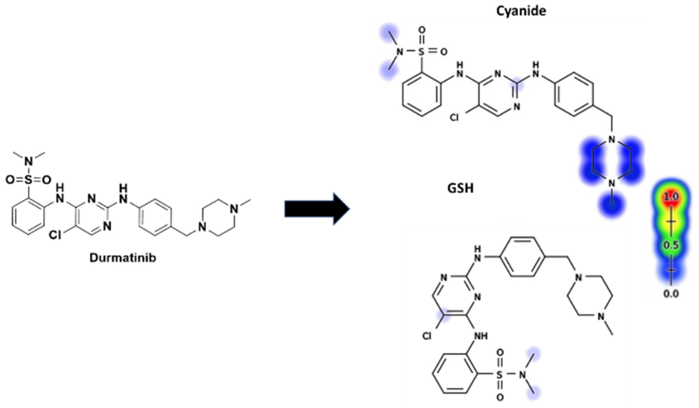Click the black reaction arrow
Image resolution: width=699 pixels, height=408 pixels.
coord(316,209)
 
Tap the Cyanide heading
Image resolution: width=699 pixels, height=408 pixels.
coord(521,11)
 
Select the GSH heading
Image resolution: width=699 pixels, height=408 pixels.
coord(460,189)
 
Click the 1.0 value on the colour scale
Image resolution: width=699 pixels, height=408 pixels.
coord(671,197)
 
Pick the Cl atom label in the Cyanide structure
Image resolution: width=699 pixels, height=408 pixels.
coord(454,118)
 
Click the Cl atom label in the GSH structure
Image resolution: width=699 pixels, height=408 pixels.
coord(427,336)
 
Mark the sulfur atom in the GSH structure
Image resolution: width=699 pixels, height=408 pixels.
coord(500,375)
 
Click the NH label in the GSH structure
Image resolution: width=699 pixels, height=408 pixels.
coord(481,336)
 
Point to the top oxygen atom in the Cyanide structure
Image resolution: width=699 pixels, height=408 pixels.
coord(422,30)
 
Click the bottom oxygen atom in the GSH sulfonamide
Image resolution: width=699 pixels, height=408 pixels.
coord(500,398)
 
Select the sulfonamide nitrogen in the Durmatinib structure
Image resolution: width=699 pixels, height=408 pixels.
coord(29,161)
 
